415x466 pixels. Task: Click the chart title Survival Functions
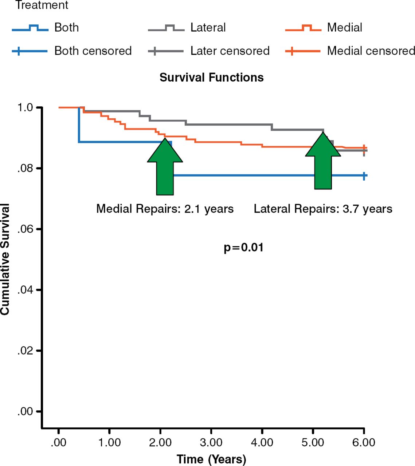point(211,78)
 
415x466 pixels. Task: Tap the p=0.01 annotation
point(243,248)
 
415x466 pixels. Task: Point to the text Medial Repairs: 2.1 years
point(165,209)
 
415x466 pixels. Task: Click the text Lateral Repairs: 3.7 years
point(323,209)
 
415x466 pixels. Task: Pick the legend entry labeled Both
point(66,28)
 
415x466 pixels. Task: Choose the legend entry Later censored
point(230,51)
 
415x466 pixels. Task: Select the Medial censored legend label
point(371,51)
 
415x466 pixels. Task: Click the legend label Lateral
point(208,28)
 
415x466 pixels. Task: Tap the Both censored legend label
point(93,51)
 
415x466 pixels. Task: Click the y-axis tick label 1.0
point(25,108)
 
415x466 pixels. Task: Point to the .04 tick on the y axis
point(25,290)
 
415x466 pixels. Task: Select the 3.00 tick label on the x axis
point(211,442)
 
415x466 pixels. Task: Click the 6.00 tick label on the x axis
point(364,442)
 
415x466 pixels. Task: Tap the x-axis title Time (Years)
point(211,459)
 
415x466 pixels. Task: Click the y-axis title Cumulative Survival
point(5,259)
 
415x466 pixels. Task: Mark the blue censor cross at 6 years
point(364,176)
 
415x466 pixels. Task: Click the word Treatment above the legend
point(42,5)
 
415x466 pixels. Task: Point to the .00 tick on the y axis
point(25,412)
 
